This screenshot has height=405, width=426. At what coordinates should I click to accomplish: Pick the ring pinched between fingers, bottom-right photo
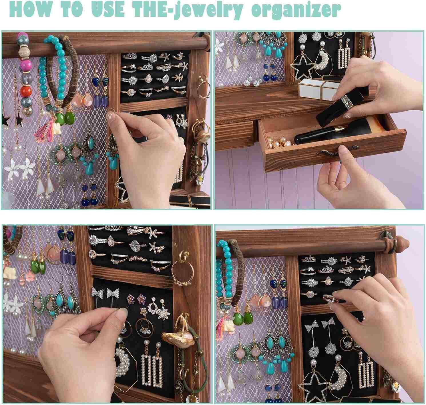click(x=329, y=299)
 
